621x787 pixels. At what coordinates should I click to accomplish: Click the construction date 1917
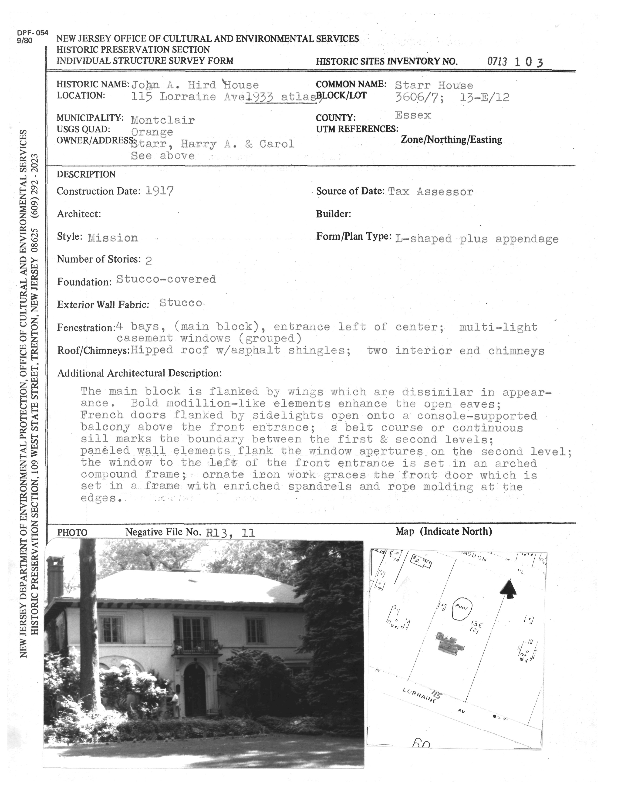pos(159,191)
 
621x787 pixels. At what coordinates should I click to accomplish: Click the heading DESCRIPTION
pos(86,175)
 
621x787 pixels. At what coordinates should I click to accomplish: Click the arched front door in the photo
pos(195,689)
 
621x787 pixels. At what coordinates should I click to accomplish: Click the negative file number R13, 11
pos(230,533)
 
